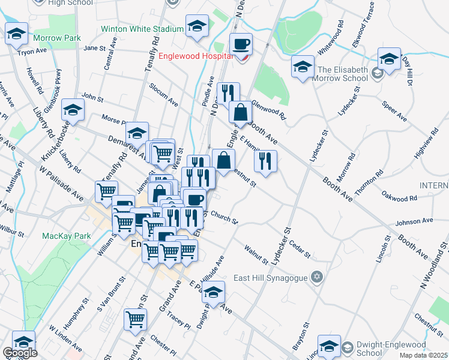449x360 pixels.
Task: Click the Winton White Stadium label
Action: (142, 29)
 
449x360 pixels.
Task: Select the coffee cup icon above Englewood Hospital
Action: (241, 44)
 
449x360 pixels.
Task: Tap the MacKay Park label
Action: (66, 236)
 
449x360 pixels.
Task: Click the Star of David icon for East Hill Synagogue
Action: (317, 277)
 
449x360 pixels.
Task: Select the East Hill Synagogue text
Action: (270, 278)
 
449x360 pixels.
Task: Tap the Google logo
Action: (20, 353)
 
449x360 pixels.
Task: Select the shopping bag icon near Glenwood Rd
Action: (240, 112)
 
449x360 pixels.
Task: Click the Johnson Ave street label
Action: (414, 221)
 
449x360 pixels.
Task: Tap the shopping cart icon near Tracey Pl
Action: (135, 319)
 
